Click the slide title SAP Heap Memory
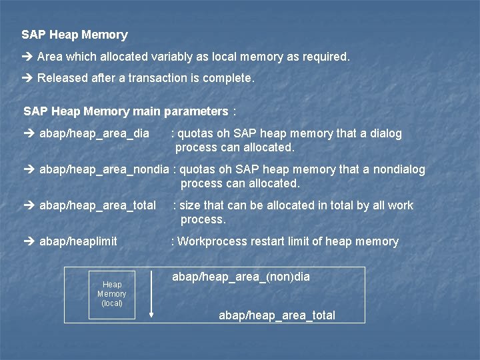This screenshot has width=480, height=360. tap(74, 35)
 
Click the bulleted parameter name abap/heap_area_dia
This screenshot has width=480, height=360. tap(94, 133)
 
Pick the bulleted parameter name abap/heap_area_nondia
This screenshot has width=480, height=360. tap(104, 169)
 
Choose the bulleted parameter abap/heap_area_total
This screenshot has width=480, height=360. tap(97, 205)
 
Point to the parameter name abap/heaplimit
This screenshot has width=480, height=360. tap(78, 241)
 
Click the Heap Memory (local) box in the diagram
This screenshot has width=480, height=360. tap(111, 294)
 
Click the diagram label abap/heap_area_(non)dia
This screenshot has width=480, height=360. tap(241, 276)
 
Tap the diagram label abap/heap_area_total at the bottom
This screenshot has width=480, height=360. tap(277, 315)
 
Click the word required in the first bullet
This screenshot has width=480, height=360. tap(325, 57)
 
